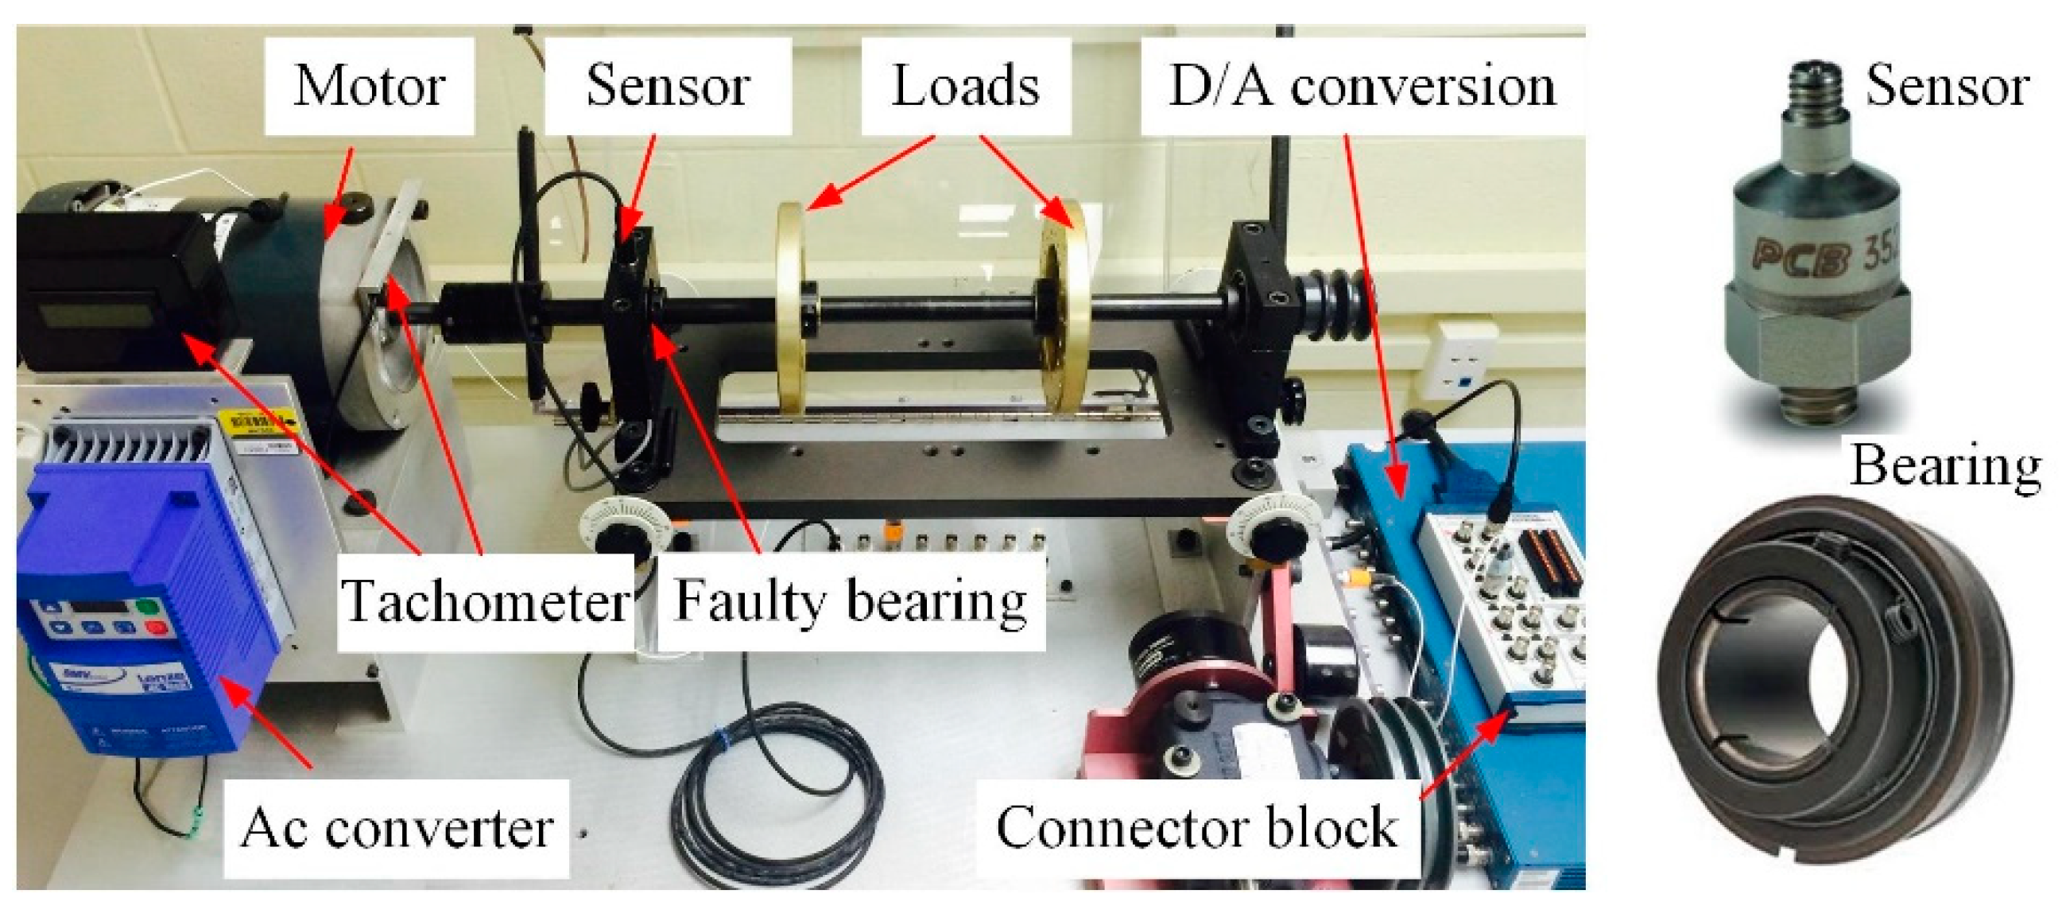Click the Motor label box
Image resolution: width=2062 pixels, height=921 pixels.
[x=369, y=86]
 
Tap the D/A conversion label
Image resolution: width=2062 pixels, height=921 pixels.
[x=1362, y=86]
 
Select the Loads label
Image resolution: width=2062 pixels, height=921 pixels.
[x=965, y=86]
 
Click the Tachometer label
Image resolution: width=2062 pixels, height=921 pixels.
[x=485, y=600]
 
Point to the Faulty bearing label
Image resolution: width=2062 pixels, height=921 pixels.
[x=850, y=600]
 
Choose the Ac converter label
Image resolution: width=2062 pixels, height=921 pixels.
[x=396, y=827]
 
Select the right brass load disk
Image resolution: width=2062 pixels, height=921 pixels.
[x=1064, y=309]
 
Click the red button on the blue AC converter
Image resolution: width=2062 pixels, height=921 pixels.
[x=158, y=626]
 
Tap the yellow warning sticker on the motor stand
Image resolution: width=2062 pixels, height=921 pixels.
[x=256, y=420]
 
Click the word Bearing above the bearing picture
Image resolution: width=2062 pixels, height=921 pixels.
[x=1945, y=464]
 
